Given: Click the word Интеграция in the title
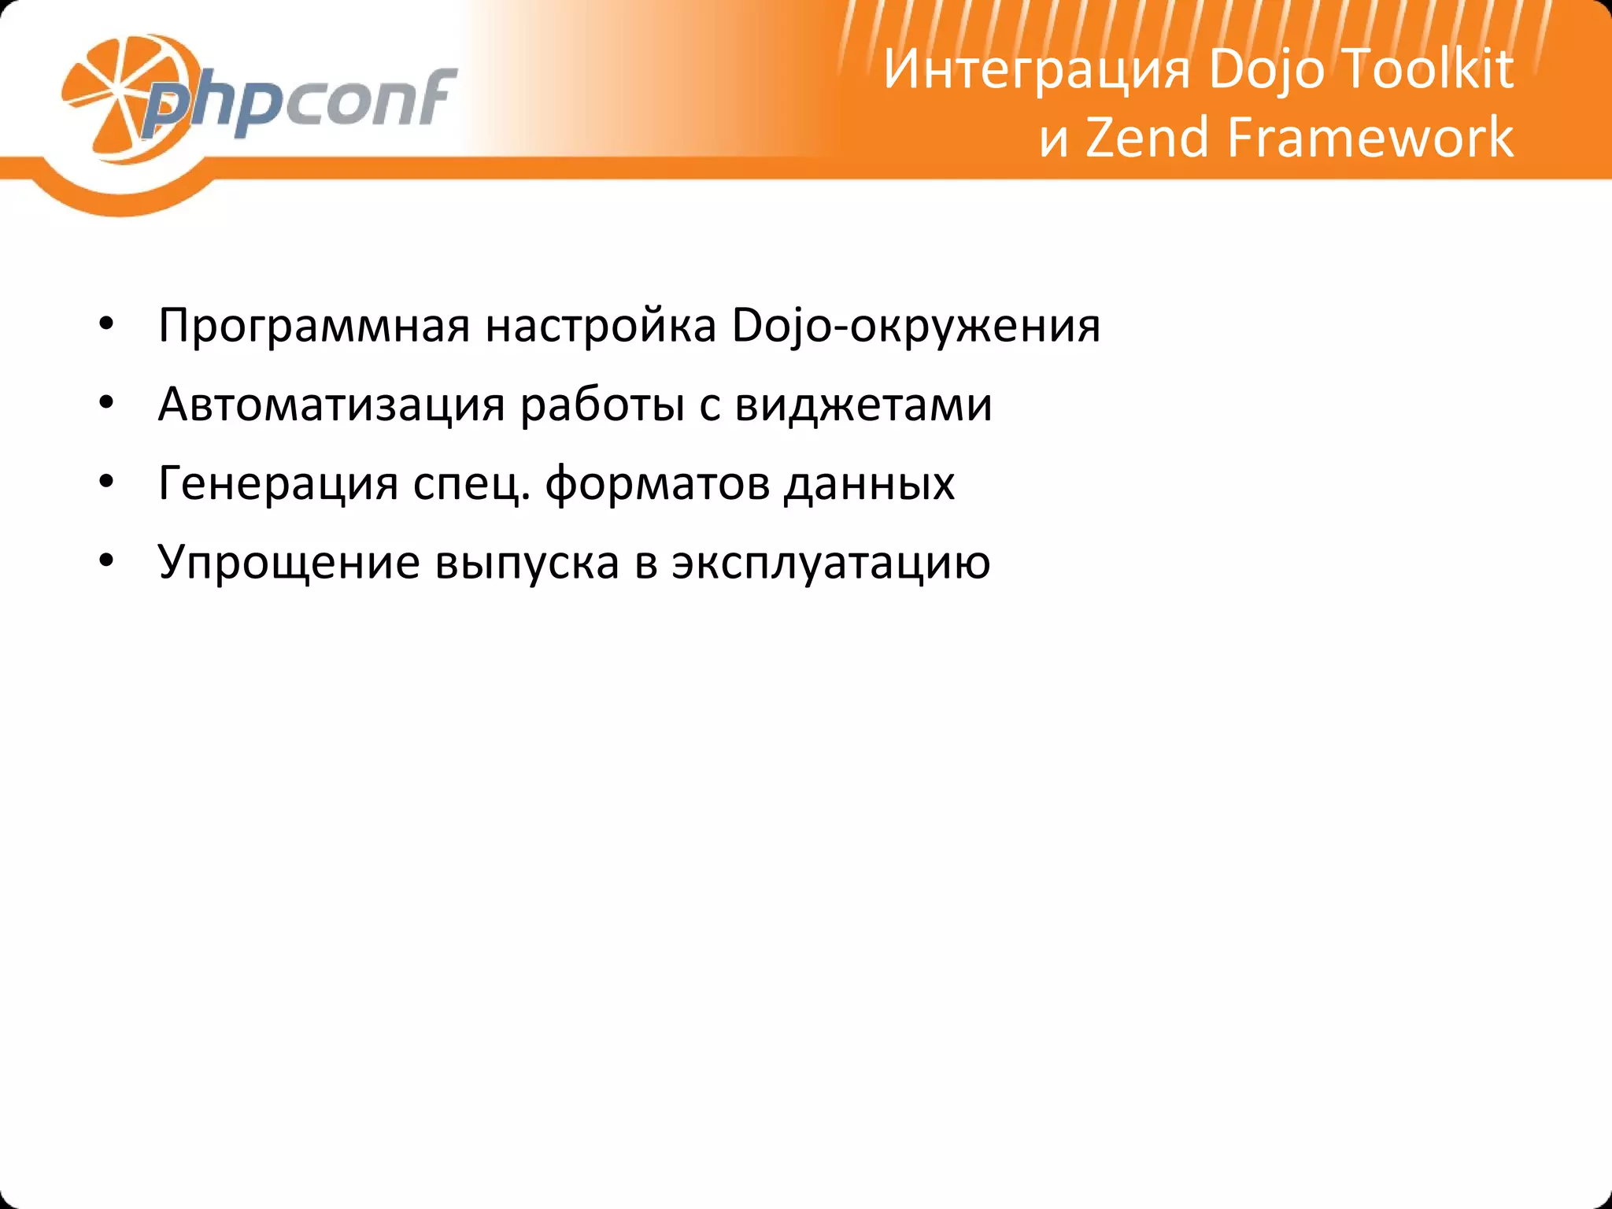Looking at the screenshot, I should (x=1037, y=71).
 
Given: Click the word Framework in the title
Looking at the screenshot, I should (x=1370, y=139).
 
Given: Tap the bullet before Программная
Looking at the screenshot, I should (x=107, y=325).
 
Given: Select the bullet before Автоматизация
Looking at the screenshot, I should (x=107, y=404).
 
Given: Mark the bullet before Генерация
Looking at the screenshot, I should (x=107, y=482).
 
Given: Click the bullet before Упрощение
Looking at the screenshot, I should (x=107, y=561).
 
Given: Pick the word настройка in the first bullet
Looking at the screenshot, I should (x=601, y=324).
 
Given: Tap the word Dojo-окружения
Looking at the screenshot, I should (x=915, y=326).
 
